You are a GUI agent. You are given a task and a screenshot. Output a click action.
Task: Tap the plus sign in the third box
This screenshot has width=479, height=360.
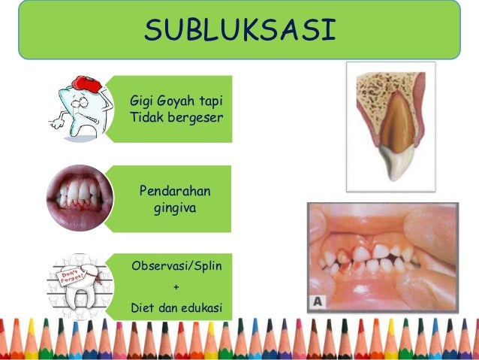click(x=176, y=286)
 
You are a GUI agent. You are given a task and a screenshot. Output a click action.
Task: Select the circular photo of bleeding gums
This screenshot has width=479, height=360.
click(x=79, y=198)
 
